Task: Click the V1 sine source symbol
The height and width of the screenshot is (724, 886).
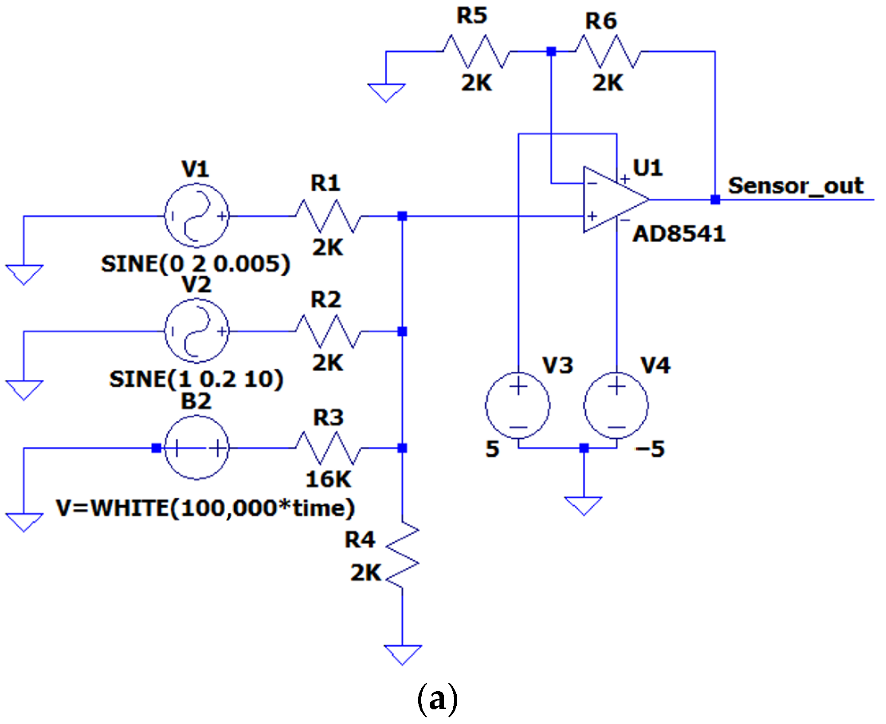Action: [x=196, y=216]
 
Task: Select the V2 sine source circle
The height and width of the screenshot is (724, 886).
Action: [x=196, y=331]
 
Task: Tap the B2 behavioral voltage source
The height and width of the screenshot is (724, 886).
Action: [x=196, y=448]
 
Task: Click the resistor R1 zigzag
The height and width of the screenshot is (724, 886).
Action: [x=328, y=216]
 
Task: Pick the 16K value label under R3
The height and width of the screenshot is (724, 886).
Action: [x=328, y=480]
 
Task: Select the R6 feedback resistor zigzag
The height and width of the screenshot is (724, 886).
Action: [x=608, y=51]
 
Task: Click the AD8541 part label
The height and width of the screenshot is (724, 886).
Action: [x=679, y=234]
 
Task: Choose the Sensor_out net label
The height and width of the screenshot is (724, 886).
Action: [x=796, y=185]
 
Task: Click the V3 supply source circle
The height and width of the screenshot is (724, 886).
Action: [x=518, y=405]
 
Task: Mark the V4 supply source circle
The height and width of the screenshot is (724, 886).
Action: [x=616, y=405]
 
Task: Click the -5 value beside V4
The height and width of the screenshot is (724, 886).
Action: [x=650, y=449]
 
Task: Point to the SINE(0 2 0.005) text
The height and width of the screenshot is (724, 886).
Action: [x=196, y=264]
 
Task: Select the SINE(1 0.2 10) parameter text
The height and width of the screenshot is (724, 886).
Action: [x=196, y=379]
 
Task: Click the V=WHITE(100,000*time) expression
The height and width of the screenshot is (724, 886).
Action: [x=205, y=508]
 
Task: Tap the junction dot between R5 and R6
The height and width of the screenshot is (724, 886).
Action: [x=551, y=51]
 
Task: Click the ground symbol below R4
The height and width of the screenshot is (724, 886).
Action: [x=402, y=654]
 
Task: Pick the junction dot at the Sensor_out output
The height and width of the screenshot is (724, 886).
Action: [x=715, y=200]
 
